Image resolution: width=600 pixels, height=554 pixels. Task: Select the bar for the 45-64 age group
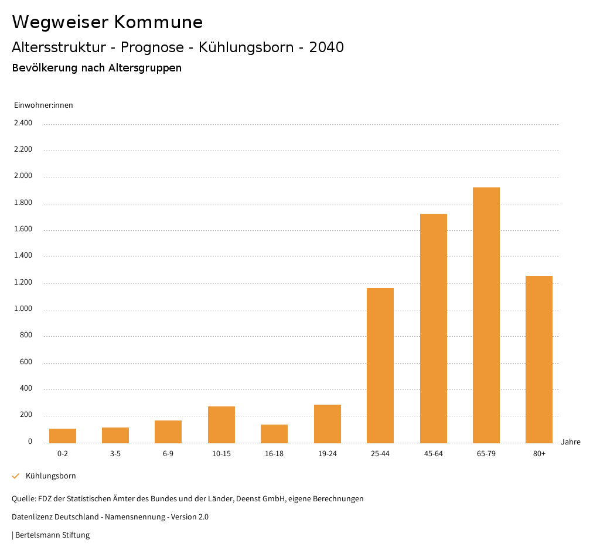tap(433, 328)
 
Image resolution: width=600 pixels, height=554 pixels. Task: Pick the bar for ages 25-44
tap(380, 365)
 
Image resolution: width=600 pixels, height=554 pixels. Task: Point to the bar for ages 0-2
tap(63, 436)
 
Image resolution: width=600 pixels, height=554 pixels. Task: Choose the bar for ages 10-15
tap(221, 425)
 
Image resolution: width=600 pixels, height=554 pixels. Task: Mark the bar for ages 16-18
tap(274, 433)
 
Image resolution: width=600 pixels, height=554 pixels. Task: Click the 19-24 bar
tap(327, 423)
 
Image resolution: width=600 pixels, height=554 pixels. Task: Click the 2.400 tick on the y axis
tap(23, 123)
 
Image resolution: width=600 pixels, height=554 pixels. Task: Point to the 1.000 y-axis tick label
tap(23, 309)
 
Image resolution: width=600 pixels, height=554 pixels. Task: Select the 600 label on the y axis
tap(26, 363)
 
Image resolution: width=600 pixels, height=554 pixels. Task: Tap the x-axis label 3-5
tap(115, 454)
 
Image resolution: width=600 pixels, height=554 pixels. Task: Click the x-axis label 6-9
tap(168, 454)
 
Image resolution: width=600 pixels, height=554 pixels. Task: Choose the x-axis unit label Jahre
tap(570, 442)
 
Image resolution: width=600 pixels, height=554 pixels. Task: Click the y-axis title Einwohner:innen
tap(43, 105)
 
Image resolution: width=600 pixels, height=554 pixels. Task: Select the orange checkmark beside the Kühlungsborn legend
tap(16, 476)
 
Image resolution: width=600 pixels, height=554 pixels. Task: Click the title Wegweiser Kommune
tap(107, 22)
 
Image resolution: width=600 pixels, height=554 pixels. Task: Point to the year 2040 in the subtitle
tap(326, 47)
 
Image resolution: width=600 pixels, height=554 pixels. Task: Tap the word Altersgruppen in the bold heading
tap(145, 68)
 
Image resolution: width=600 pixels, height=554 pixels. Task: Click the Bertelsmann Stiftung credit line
tap(51, 535)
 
